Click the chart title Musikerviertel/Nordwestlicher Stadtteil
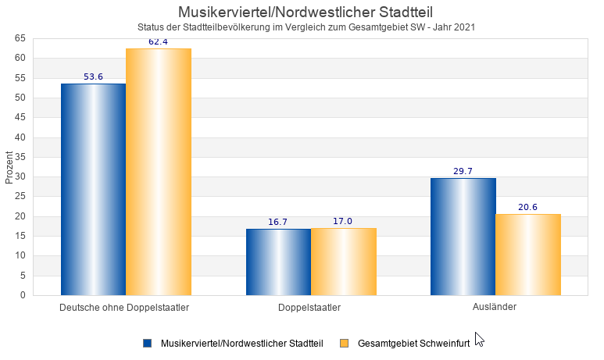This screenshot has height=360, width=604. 306,12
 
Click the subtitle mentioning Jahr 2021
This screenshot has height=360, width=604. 306,27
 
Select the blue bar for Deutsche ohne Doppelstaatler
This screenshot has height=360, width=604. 93,189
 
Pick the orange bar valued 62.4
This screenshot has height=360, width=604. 159,172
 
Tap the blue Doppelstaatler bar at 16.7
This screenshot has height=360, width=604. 278,262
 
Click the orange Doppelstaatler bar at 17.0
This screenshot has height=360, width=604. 343,262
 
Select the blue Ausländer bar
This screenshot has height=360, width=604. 463,237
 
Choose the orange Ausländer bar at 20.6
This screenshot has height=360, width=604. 528,255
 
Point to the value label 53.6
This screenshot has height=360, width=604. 93,77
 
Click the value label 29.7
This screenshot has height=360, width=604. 463,171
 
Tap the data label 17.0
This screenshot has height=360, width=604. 343,221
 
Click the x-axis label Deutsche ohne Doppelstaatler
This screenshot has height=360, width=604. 124,308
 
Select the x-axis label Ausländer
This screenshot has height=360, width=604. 495,307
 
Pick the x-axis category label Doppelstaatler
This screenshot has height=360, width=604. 309,308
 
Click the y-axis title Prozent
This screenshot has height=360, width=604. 9,167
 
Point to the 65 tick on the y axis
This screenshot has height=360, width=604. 20,38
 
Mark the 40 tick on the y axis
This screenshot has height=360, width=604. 20,137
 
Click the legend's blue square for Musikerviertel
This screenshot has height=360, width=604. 147,343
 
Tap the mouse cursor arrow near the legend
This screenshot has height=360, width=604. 479,339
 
